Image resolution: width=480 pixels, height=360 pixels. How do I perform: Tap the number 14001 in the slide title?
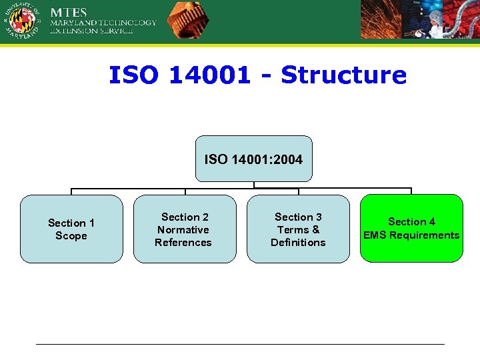pyautogui.click(x=209, y=75)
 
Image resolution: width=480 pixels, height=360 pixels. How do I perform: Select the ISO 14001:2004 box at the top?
pyautogui.click(x=253, y=159)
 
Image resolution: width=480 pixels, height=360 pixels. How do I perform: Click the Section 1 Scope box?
pyautogui.click(x=71, y=229)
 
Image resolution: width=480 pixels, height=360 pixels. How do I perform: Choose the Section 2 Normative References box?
pyautogui.click(x=185, y=229)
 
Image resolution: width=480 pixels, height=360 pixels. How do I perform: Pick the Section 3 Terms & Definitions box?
pyautogui.click(x=298, y=229)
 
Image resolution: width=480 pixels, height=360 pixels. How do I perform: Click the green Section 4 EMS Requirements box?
pyautogui.click(x=411, y=229)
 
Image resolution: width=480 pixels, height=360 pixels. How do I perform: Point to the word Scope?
pyautogui.click(x=71, y=236)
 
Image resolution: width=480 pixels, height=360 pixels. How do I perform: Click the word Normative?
pyautogui.click(x=183, y=230)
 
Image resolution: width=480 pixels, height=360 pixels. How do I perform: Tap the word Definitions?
pyautogui.click(x=298, y=243)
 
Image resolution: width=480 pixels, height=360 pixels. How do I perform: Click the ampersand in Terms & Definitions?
pyautogui.click(x=315, y=230)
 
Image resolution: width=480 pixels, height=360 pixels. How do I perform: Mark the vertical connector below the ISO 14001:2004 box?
pyautogui.click(x=253, y=185)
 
